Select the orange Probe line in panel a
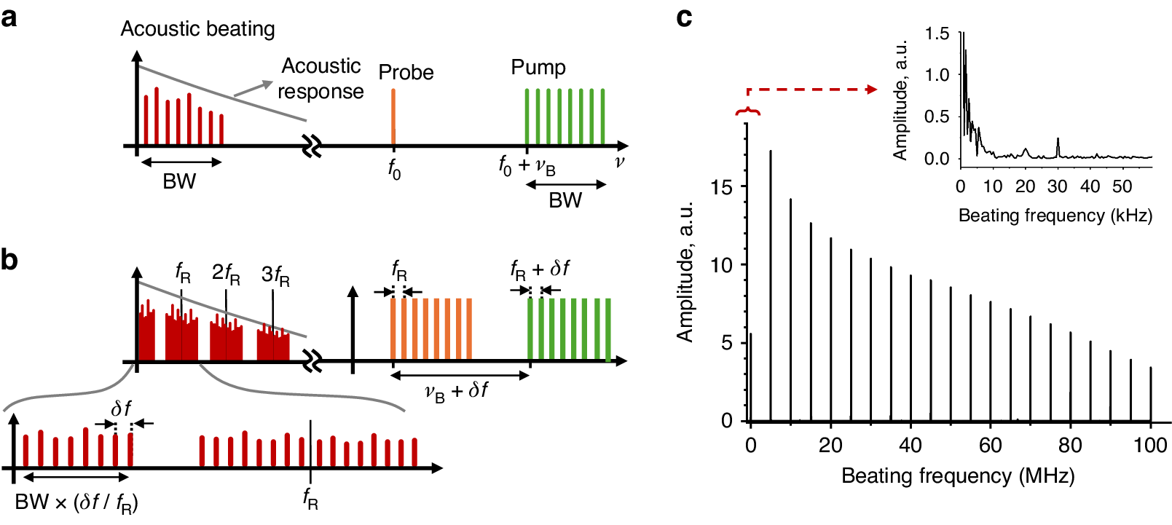(393, 117)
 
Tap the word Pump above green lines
(538, 67)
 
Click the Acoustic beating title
(197, 28)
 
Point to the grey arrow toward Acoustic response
(252, 89)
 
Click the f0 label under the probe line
(394, 169)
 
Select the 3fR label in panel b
(275, 275)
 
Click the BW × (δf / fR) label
(76, 502)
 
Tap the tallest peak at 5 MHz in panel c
(771, 152)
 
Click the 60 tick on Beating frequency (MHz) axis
(990, 445)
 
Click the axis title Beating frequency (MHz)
(958, 476)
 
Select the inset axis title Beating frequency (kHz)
(1055, 216)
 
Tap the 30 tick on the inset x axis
(1057, 186)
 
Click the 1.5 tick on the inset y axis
(937, 33)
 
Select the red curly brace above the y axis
(747, 111)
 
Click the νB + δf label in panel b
(457, 391)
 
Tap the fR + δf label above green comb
(540, 270)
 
